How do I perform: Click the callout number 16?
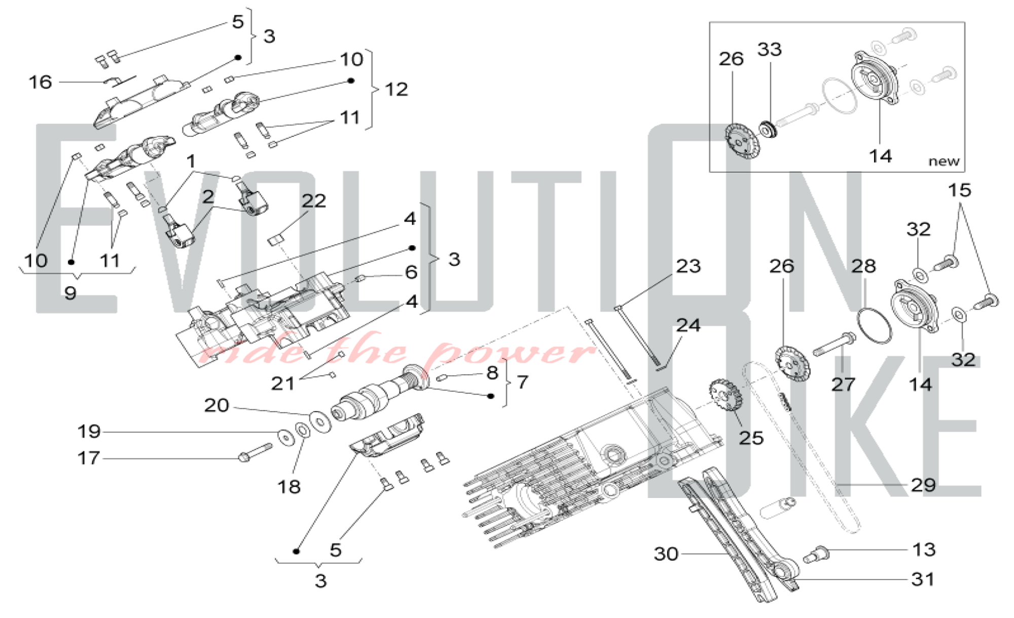coord(40,82)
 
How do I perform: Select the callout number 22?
coord(313,201)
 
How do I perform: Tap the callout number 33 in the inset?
coord(769,50)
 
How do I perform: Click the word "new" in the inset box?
coord(944,161)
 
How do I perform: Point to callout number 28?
coord(863,266)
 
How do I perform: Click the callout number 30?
coord(666,554)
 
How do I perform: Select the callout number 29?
coord(923,485)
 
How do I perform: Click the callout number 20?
coord(216,405)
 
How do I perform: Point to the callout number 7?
coord(522,382)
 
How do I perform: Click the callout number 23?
coord(688,266)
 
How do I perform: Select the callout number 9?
coord(70,292)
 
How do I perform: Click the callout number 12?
coord(396,90)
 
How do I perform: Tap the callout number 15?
coord(959,190)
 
